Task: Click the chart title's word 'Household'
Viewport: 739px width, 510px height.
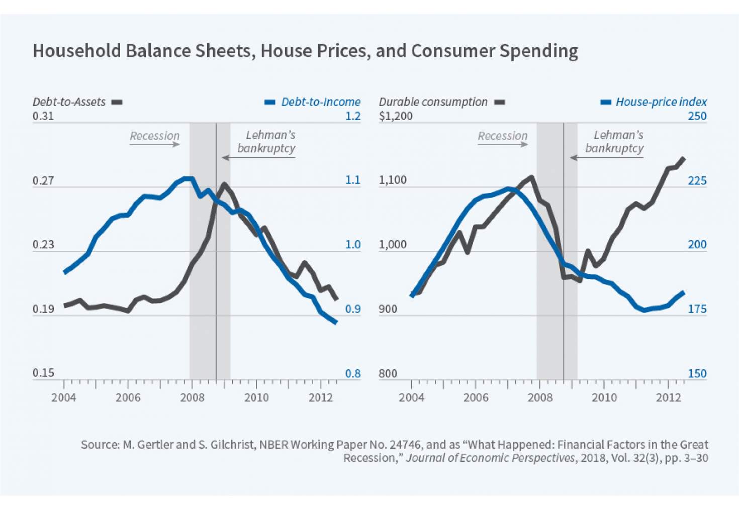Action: (x=77, y=51)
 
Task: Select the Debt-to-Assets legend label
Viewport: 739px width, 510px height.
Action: (x=69, y=102)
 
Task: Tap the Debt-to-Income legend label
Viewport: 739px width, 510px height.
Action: (x=321, y=102)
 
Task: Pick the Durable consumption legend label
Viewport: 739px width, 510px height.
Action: (x=433, y=102)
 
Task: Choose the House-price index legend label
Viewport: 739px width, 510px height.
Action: (x=661, y=102)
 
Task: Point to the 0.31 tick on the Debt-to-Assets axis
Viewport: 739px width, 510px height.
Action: (x=43, y=116)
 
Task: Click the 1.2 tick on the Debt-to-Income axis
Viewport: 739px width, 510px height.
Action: (x=353, y=116)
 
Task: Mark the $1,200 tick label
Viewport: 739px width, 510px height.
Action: (x=396, y=116)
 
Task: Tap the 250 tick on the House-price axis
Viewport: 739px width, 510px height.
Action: (x=697, y=116)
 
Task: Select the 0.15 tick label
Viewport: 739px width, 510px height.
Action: (x=43, y=373)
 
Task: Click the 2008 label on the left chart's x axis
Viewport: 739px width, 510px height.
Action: (x=192, y=397)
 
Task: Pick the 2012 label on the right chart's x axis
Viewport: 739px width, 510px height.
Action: (x=668, y=397)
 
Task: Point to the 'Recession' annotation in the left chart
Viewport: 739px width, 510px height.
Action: (x=154, y=136)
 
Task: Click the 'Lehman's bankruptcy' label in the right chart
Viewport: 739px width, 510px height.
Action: (x=614, y=142)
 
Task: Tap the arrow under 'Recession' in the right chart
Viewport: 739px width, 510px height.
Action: (x=503, y=145)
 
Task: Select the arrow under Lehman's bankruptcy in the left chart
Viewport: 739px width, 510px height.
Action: (x=258, y=158)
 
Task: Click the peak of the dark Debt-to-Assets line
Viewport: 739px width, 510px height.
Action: (x=224, y=184)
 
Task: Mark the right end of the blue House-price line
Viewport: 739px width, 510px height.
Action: (x=683, y=292)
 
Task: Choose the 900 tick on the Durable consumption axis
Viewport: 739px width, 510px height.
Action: (x=388, y=309)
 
